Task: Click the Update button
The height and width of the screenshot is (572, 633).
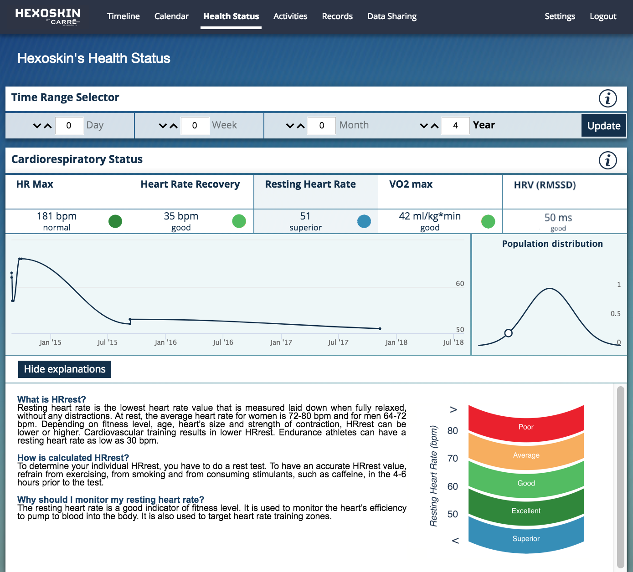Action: [x=603, y=126]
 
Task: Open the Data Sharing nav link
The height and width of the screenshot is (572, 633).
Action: [x=391, y=16]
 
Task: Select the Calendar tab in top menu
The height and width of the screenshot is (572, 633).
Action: [x=171, y=16]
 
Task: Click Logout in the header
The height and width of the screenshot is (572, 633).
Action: [x=602, y=16]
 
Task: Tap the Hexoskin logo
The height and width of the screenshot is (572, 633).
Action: [x=47, y=16]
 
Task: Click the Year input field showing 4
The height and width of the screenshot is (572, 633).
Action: [x=455, y=126]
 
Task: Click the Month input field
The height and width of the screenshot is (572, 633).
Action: [x=321, y=126]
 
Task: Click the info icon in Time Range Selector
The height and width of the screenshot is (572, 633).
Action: [x=607, y=98]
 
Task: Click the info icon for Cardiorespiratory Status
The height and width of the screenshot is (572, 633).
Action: [x=607, y=160]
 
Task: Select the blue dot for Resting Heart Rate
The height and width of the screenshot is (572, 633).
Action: [x=364, y=221]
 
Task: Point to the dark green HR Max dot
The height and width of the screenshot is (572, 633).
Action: [x=115, y=221]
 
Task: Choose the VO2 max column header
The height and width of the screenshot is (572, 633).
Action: [x=411, y=184]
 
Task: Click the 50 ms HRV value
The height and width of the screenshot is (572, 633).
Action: [x=558, y=218]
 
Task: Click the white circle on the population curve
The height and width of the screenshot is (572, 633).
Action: [x=509, y=333]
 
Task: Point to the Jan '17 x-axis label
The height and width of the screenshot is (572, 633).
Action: [x=281, y=342]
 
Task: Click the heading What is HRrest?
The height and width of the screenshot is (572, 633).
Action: [x=51, y=399]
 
